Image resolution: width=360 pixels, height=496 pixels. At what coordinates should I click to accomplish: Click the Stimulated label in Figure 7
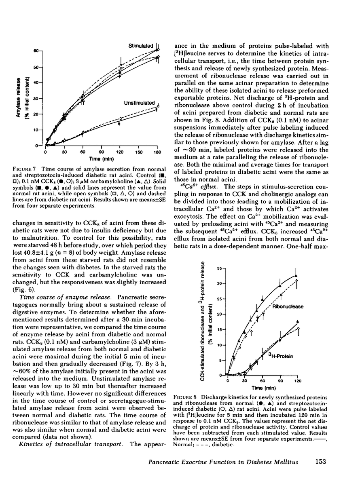click(x=141, y=46)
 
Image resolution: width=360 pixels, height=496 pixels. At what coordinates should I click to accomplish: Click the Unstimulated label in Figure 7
click(x=140, y=103)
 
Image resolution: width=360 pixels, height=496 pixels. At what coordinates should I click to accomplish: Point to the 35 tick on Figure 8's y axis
click(x=220, y=268)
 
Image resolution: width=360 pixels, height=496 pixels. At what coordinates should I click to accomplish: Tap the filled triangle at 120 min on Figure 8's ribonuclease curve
click(x=296, y=275)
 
